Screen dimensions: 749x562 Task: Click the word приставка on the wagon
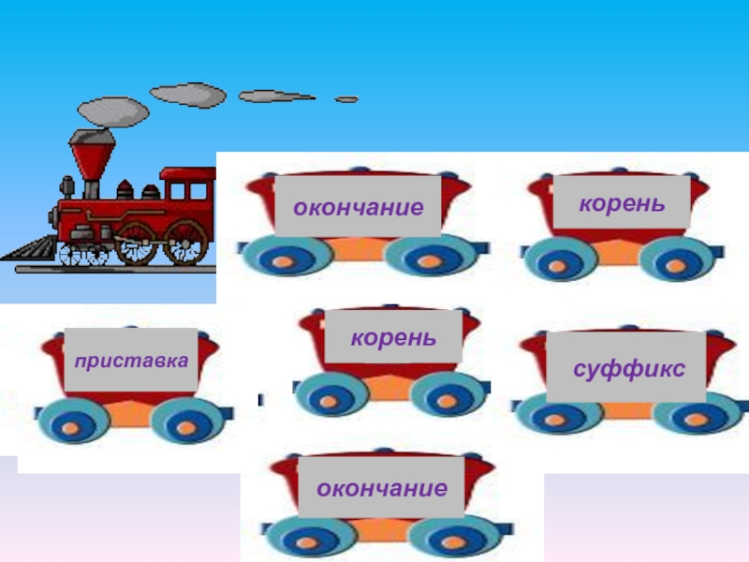click(131, 360)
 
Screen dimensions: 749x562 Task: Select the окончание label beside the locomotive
click(358, 206)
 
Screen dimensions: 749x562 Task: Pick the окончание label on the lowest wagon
click(381, 488)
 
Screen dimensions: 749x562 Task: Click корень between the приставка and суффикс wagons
click(393, 335)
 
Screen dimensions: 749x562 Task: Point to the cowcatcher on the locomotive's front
click(26, 249)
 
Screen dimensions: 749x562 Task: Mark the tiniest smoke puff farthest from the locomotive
click(346, 98)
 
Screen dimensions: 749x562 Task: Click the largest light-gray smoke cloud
click(187, 94)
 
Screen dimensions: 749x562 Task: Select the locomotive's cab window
click(197, 192)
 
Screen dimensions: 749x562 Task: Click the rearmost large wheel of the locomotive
click(186, 244)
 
